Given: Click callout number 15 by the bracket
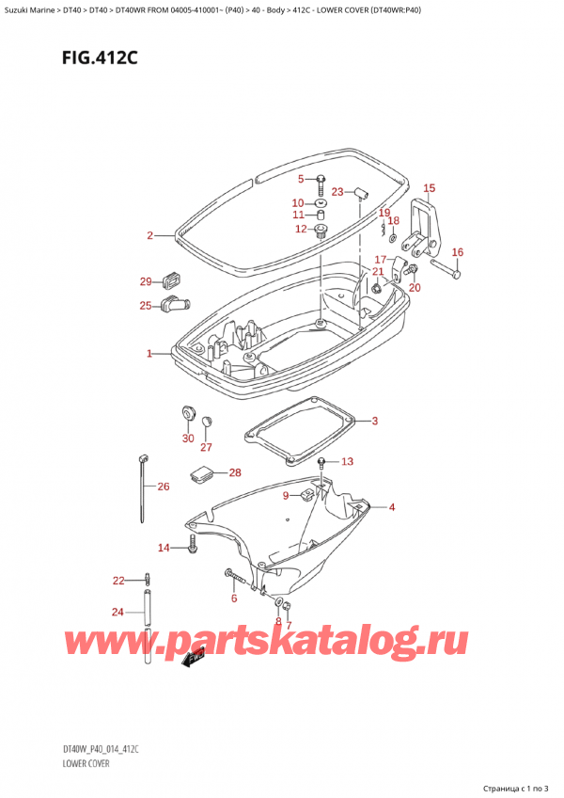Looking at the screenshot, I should [429, 188].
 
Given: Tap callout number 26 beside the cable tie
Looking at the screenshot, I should [163, 487].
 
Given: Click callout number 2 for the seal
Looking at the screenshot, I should [149, 235].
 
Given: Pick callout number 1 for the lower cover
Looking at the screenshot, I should [149, 354].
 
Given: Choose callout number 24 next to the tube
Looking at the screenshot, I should [117, 613].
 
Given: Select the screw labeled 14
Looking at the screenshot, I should [194, 543].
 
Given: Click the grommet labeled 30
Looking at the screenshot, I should [186, 413].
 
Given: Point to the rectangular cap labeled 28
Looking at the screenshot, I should [200, 473].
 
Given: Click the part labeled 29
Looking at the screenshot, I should [172, 279].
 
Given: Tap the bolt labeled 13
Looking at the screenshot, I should [322, 462].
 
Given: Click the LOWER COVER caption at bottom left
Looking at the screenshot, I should [86, 763].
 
